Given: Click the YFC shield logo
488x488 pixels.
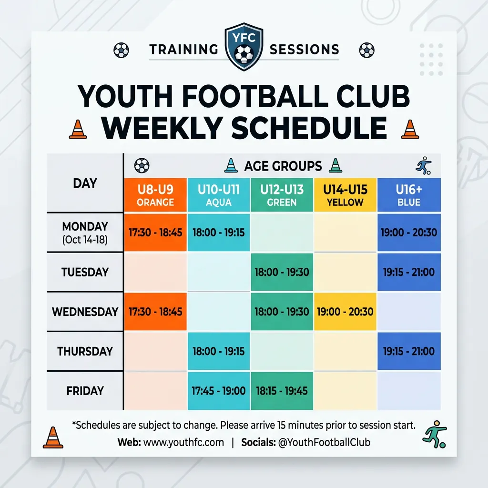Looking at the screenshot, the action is pos(244,47).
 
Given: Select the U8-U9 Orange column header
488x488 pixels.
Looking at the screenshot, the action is pos(155,195).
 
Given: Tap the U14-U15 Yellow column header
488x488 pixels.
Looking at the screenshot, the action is pos(345,195).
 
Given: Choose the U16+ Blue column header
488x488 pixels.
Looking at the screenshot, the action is pos(409,195).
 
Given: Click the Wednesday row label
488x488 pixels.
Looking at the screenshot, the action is pos(85,312).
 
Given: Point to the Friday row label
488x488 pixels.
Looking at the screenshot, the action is pos(85,391).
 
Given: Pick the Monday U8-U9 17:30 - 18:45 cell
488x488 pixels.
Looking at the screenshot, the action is pos(155,232).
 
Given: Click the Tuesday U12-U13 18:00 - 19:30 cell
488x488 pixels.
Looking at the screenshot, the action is pos(282,272).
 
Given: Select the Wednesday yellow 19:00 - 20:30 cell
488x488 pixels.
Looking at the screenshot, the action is pos(345,312).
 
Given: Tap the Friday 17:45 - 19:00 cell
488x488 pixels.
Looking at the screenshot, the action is pos(218,391).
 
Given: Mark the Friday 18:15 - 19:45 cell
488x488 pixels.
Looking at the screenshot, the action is pos(282,391).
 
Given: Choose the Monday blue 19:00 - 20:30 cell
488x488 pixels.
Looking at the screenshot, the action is pos(409,232).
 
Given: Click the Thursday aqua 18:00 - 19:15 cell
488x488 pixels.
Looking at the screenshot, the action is pos(218,351).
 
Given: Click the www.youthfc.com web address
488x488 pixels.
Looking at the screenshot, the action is pos(183,442).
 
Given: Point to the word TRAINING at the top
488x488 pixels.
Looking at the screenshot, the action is pos(183,50).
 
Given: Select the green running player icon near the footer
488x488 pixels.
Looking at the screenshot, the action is pos(435,434).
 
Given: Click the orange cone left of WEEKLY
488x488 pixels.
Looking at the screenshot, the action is pos(78,129).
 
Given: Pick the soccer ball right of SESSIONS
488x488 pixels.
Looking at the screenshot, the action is pos(367,50).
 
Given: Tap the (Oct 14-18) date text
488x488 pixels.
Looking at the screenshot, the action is pos(85,240).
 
